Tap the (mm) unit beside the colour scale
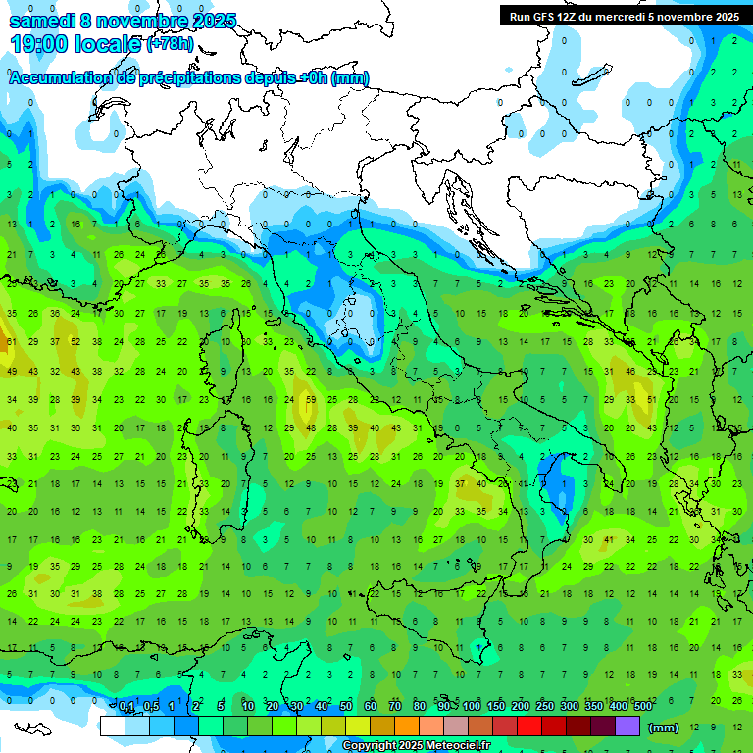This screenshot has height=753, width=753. click(664, 728)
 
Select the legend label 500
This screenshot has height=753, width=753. click(642, 707)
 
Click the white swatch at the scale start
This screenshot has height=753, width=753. click(112, 727)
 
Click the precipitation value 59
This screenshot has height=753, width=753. click(311, 400)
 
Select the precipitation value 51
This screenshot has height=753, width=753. click(652, 400)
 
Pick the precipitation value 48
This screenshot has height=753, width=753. click(311, 428)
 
